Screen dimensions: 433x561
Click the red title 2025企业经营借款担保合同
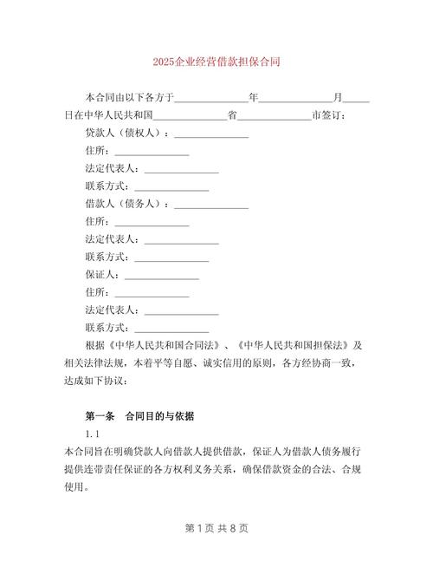[216, 62]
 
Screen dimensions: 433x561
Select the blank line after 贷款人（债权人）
[212, 134]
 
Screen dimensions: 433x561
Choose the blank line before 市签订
[275, 116]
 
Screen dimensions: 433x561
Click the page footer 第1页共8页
[216, 526]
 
